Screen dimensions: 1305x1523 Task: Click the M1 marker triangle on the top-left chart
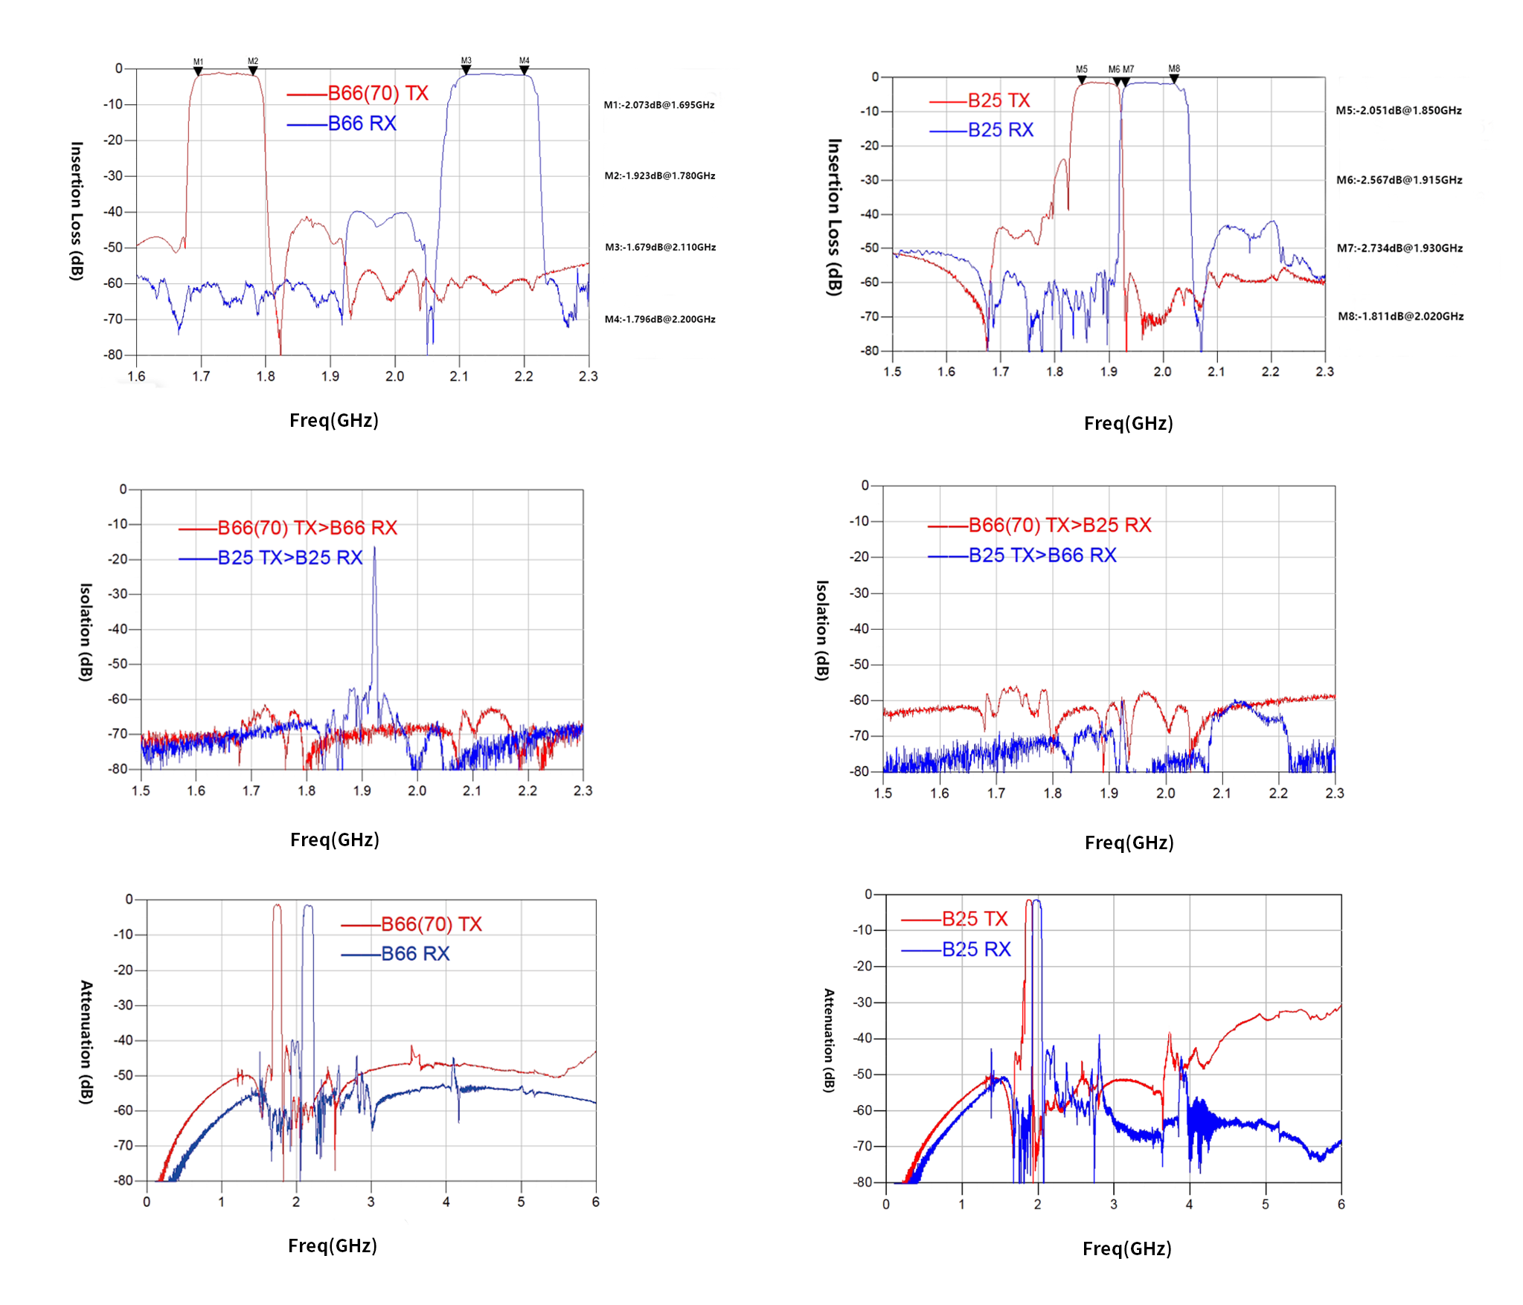(198, 71)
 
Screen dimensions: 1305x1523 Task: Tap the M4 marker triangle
(525, 71)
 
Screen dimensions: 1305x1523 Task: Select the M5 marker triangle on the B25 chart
(1082, 80)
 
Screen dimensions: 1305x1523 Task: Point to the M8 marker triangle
(1174, 78)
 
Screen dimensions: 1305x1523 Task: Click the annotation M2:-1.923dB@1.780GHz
(660, 176)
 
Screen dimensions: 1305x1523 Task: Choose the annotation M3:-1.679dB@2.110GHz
(660, 248)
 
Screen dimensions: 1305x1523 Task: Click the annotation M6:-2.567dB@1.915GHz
(1399, 180)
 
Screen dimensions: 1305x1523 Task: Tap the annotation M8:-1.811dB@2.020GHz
(1400, 317)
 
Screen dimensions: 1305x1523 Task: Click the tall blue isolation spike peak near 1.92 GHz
(374, 550)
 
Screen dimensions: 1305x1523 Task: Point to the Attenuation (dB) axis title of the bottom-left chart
(86, 1042)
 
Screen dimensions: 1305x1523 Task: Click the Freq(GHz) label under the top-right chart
(1128, 424)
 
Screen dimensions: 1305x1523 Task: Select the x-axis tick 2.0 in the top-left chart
(394, 376)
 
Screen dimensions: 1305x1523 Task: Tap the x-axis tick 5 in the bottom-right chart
(1265, 1204)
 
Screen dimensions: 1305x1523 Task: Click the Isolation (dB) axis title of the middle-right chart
(821, 631)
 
